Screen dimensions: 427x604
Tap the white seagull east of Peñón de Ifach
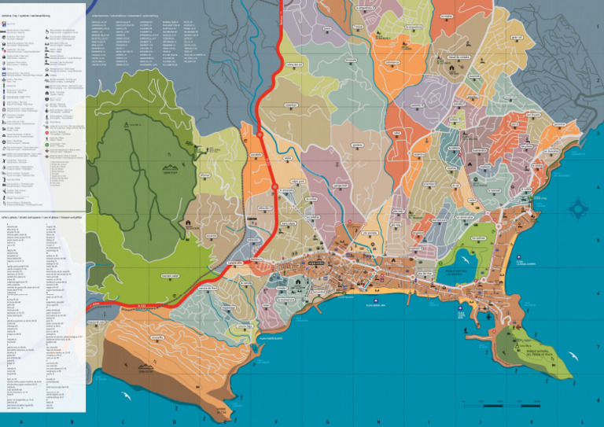pos(580,359)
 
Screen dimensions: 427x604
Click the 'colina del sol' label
pos(293,64)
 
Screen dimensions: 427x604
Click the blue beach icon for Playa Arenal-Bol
pos(462,309)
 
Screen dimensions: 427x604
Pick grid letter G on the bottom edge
pos(330,421)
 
